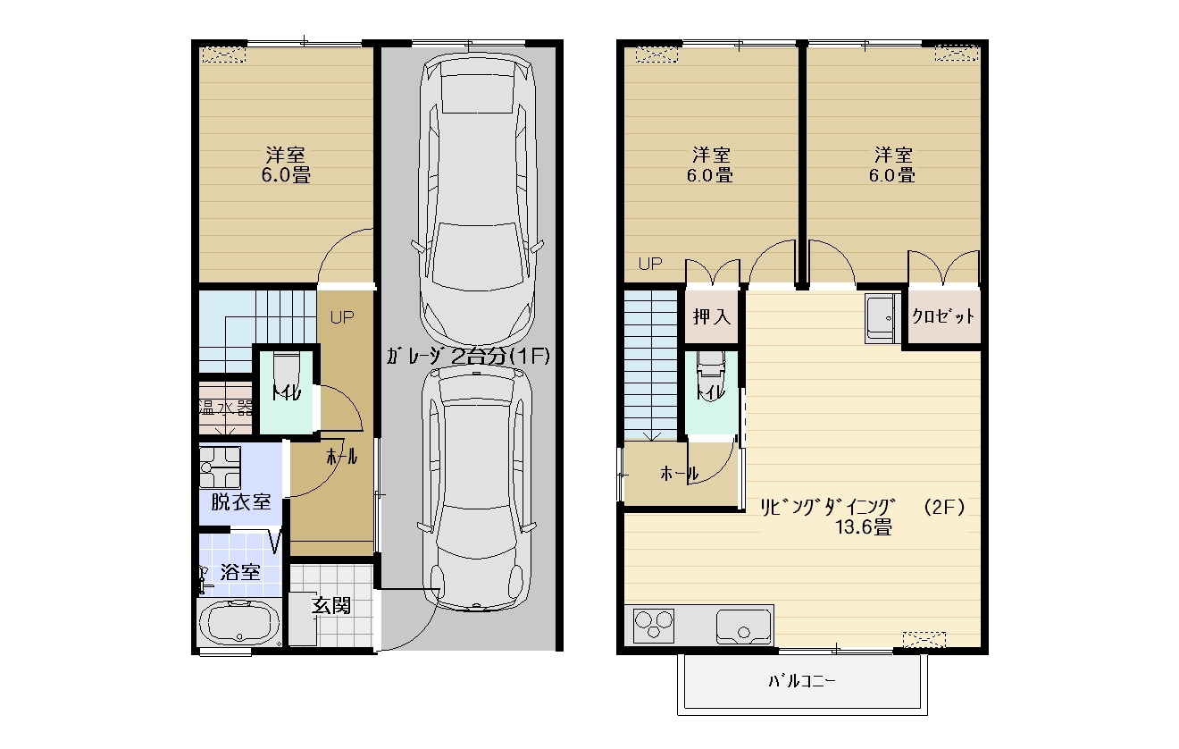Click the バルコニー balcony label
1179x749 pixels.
(x=801, y=682)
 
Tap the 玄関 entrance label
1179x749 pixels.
(x=331, y=606)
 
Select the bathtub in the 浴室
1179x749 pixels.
(x=239, y=623)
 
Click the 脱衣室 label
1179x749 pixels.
(x=241, y=502)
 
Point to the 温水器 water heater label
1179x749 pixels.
(x=225, y=408)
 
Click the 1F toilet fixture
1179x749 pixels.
(x=287, y=372)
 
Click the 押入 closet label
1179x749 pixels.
(x=712, y=316)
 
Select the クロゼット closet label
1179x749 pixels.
(x=942, y=316)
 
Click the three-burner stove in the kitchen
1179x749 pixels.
(x=654, y=625)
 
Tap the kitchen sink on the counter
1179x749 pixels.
(x=743, y=627)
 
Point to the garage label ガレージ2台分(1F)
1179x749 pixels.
(x=468, y=357)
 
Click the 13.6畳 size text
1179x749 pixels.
(x=864, y=527)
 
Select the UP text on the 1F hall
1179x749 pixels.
(x=342, y=317)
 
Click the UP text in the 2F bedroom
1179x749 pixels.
(x=650, y=264)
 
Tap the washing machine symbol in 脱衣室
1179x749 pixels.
(x=220, y=467)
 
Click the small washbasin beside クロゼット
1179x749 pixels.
(x=882, y=318)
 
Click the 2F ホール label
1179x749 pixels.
(x=679, y=474)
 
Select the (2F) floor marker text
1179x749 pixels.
(x=944, y=507)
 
